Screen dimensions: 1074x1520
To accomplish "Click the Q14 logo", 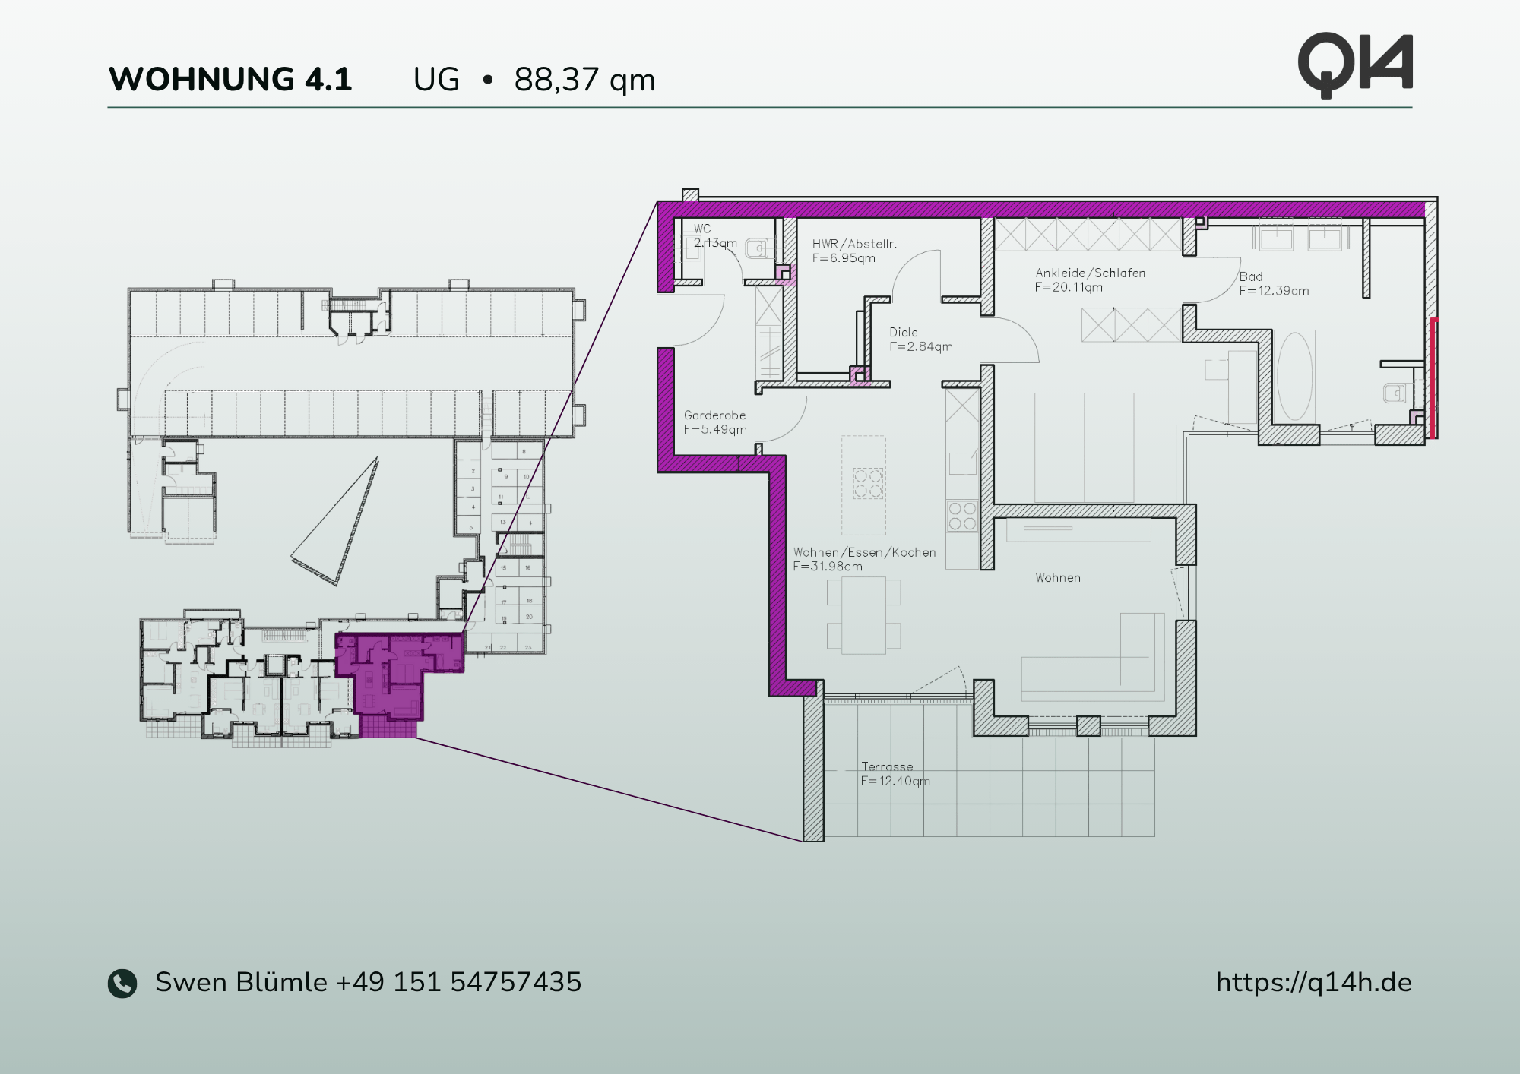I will [x=1355, y=65].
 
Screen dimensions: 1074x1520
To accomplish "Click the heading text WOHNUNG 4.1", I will [x=230, y=79].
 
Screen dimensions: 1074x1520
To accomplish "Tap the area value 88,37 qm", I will [x=584, y=80].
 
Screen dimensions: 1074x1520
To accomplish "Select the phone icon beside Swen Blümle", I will [x=122, y=983].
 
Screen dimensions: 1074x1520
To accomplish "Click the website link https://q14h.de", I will [x=1313, y=982].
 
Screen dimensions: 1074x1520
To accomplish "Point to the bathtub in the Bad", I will [x=1295, y=376].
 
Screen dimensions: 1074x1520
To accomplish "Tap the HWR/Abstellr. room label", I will [x=853, y=251].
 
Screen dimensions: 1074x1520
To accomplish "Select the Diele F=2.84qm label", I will [x=920, y=340].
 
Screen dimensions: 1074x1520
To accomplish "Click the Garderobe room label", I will [x=714, y=422].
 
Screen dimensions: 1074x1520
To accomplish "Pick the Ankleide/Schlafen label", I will [x=1089, y=280].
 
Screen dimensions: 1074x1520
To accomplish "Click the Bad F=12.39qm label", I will [x=1273, y=284].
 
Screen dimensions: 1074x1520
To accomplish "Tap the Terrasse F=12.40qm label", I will [x=895, y=774].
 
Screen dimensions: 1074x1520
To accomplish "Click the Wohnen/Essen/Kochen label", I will [x=864, y=559].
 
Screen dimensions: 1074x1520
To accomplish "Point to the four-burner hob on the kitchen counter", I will [x=961, y=516].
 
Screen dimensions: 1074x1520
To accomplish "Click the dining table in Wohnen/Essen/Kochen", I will [x=863, y=614].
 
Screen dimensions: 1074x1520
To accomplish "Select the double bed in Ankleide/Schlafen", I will [x=1084, y=447].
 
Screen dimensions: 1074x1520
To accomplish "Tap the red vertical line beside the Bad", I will [x=1433, y=377].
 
